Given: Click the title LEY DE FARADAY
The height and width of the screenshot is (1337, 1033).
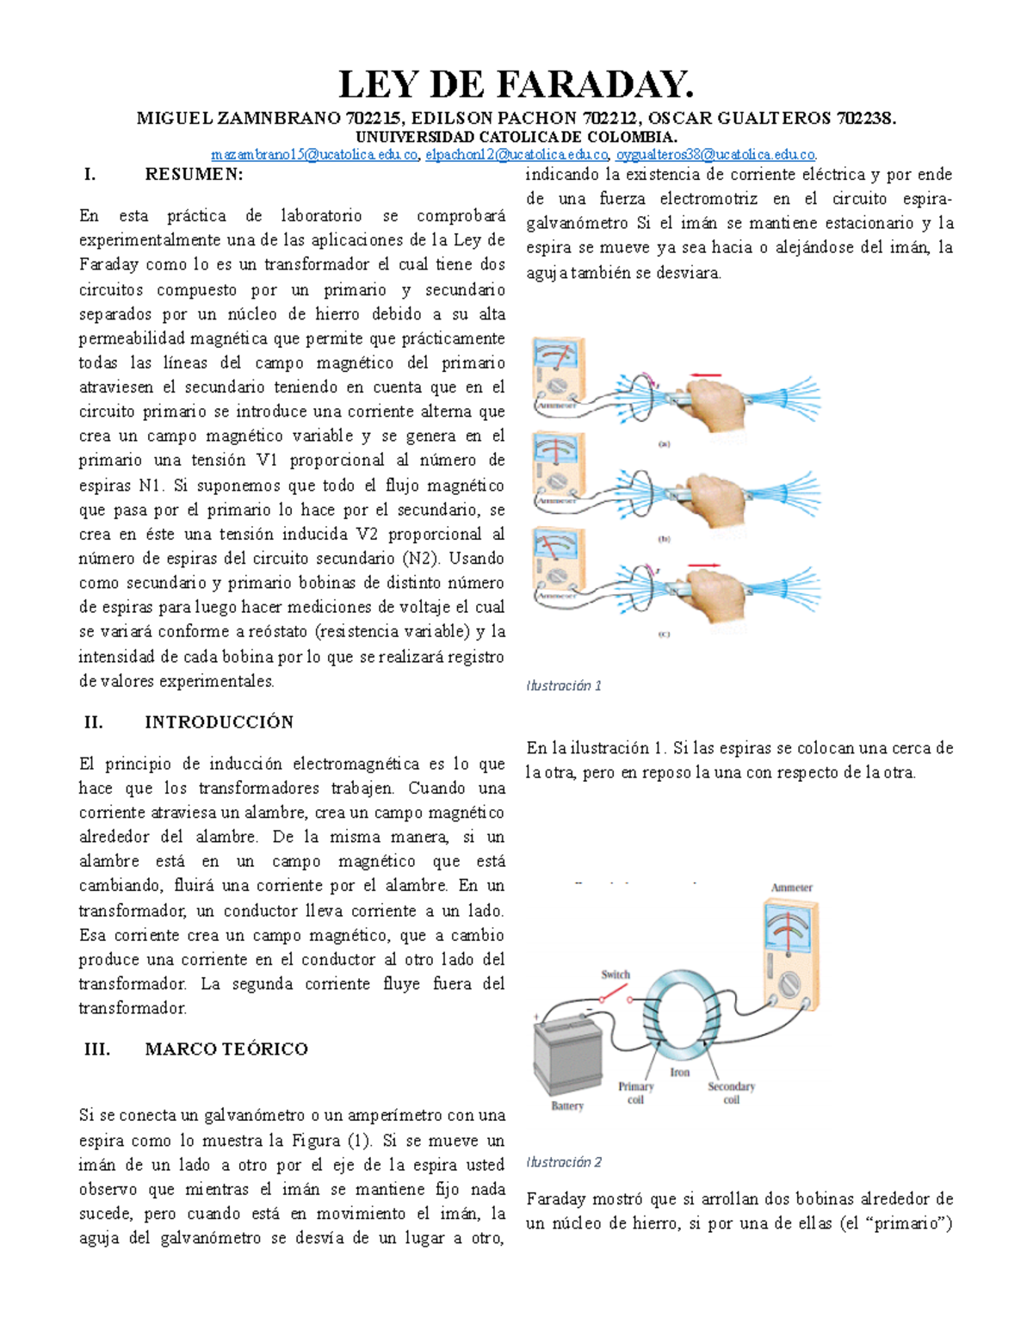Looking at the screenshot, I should click(x=516, y=85).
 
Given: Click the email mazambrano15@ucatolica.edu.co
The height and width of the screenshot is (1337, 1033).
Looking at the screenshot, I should click(x=315, y=155).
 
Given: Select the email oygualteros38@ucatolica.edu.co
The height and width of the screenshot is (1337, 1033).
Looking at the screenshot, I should click(x=715, y=155).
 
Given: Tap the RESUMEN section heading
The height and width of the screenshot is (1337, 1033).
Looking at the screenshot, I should click(x=194, y=175).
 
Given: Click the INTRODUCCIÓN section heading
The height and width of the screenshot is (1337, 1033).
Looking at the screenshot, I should click(x=219, y=722).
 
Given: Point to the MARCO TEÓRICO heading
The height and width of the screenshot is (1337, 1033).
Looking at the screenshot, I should click(x=226, y=1049).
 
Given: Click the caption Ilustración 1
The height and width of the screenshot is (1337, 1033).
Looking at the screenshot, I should click(x=563, y=685).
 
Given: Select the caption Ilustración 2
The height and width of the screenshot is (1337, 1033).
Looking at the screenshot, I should click(x=563, y=1162).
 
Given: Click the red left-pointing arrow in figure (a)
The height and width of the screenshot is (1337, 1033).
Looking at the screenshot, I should click(x=706, y=374).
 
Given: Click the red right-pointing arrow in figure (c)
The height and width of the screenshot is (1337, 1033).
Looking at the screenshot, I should click(x=704, y=565).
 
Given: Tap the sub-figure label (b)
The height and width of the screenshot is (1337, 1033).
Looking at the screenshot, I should click(x=664, y=539).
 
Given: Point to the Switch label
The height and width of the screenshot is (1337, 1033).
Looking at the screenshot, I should click(x=615, y=975).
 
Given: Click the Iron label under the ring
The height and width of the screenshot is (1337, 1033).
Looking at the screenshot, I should click(x=680, y=1073).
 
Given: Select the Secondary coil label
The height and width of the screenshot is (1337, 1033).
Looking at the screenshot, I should click(x=731, y=1093).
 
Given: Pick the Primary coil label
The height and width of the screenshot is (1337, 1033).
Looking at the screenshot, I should click(x=635, y=1093).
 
